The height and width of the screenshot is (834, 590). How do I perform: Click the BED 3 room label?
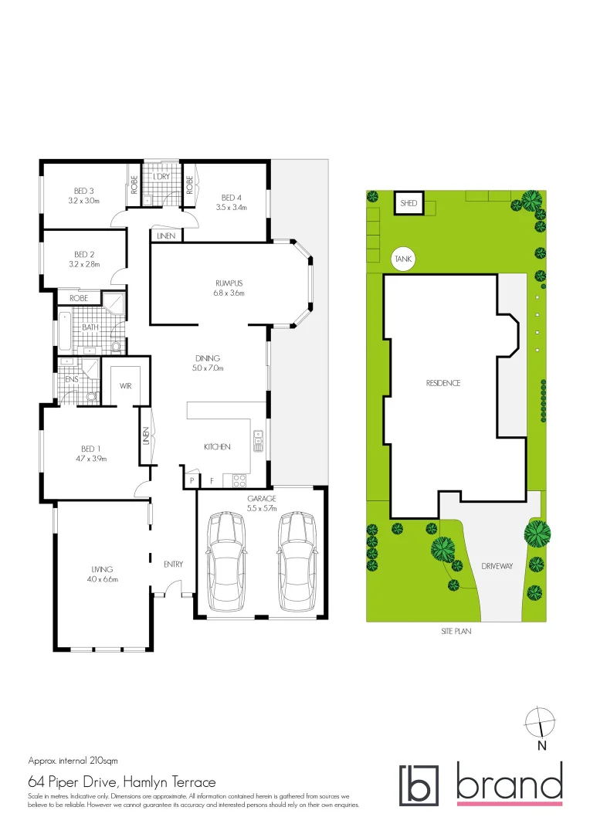[x=84, y=192]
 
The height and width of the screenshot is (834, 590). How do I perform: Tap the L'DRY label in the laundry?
[x=161, y=177]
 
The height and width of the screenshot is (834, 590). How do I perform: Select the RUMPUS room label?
[x=229, y=283]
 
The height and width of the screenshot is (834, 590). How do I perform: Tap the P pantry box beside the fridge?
[x=191, y=480]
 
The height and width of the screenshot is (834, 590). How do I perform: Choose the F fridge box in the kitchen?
[x=210, y=480]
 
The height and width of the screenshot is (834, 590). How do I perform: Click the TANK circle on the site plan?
[x=403, y=259]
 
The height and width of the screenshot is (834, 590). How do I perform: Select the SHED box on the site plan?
[x=409, y=204]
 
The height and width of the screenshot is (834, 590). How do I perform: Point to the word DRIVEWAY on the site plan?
[x=497, y=566]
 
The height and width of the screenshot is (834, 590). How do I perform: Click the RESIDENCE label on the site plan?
[x=442, y=383]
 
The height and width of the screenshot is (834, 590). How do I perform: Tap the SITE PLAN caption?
[x=456, y=631]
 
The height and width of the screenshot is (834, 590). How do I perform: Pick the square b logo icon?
[x=419, y=785]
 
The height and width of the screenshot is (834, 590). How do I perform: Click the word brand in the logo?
[x=509, y=783]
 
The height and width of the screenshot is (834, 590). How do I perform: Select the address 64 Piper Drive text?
[x=123, y=781]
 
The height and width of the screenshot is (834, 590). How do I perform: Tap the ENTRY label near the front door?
[x=173, y=564]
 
